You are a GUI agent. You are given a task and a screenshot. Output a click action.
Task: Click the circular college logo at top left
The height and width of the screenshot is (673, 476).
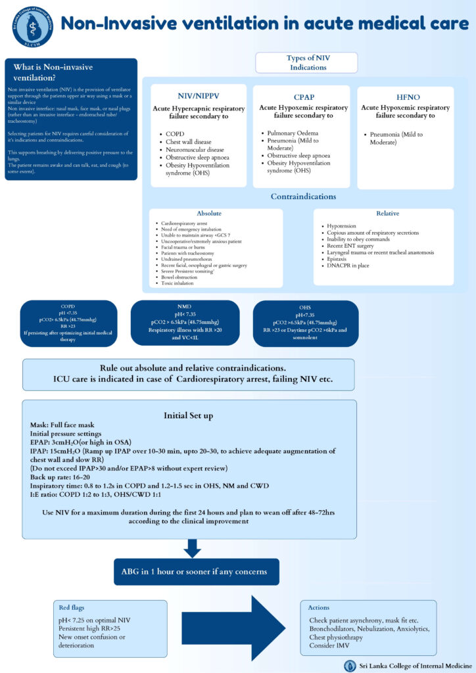click(30, 26)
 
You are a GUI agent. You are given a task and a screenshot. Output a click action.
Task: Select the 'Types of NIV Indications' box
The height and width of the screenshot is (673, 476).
click(306, 62)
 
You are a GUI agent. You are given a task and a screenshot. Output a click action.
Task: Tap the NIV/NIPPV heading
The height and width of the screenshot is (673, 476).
click(199, 95)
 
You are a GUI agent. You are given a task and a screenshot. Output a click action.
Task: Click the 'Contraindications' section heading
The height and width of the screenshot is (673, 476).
click(304, 196)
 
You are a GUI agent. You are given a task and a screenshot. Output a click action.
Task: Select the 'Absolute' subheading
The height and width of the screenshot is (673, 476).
click(209, 214)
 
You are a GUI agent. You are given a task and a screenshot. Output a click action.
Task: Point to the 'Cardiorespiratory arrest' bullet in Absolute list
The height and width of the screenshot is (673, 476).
click(185, 224)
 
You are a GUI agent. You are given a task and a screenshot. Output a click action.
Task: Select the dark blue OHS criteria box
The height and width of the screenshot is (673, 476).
click(305, 323)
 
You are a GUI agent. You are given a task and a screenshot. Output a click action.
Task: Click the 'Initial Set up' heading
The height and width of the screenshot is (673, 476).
click(189, 415)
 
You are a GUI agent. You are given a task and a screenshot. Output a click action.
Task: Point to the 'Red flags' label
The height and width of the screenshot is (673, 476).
click(72, 608)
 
